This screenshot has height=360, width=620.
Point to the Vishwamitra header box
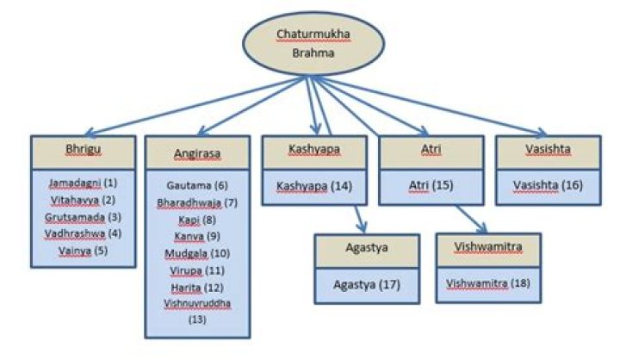(488, 248)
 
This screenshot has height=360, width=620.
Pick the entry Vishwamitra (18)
(488, 282)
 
